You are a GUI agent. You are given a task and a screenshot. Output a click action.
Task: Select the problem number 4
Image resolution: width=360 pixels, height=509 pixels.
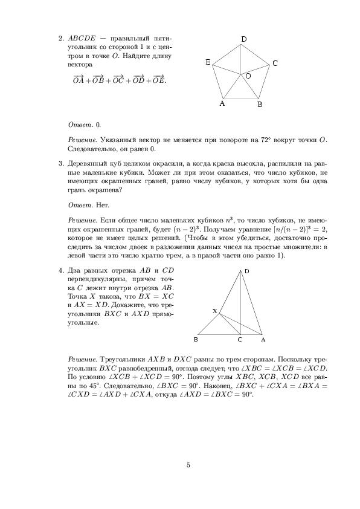click(x=61, y=269)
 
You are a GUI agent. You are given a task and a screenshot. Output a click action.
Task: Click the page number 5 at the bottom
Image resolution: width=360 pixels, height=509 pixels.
click(x=188, y=465)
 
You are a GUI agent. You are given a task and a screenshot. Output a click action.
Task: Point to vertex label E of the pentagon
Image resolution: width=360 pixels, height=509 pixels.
click(x=208, y=62)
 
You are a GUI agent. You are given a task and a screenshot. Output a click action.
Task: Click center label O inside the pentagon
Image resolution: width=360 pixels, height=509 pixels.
click(x=248, y=77)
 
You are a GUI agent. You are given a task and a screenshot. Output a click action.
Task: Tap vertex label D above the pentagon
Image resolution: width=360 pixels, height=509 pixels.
click(x=243, y=39)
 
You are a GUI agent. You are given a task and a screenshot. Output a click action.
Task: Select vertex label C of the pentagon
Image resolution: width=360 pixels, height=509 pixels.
click(x=275, y=63)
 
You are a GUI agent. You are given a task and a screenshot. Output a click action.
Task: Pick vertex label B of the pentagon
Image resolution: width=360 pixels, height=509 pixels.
click(x=259, y=105)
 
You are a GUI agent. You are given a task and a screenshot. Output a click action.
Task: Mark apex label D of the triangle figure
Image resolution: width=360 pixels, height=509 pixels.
click(x=246, y=271)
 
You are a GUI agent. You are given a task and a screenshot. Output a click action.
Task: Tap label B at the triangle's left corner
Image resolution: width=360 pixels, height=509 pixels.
click(x=196, y=340)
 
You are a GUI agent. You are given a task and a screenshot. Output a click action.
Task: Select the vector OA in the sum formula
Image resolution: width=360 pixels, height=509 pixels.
click(x=79, y=80)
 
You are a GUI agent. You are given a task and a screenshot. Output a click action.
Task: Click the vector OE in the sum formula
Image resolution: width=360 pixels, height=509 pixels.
click(x=158, y=80)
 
